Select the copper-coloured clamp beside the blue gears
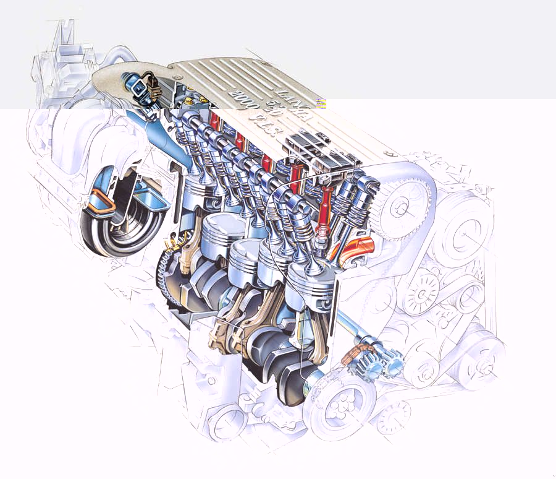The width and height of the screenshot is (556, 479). [x=353, y=360]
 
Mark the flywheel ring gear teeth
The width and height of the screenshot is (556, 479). [x=164, y=272]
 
